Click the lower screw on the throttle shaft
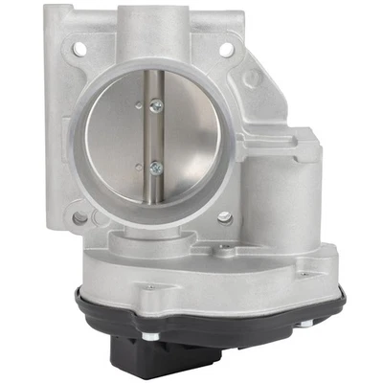(x=153, y=167)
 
